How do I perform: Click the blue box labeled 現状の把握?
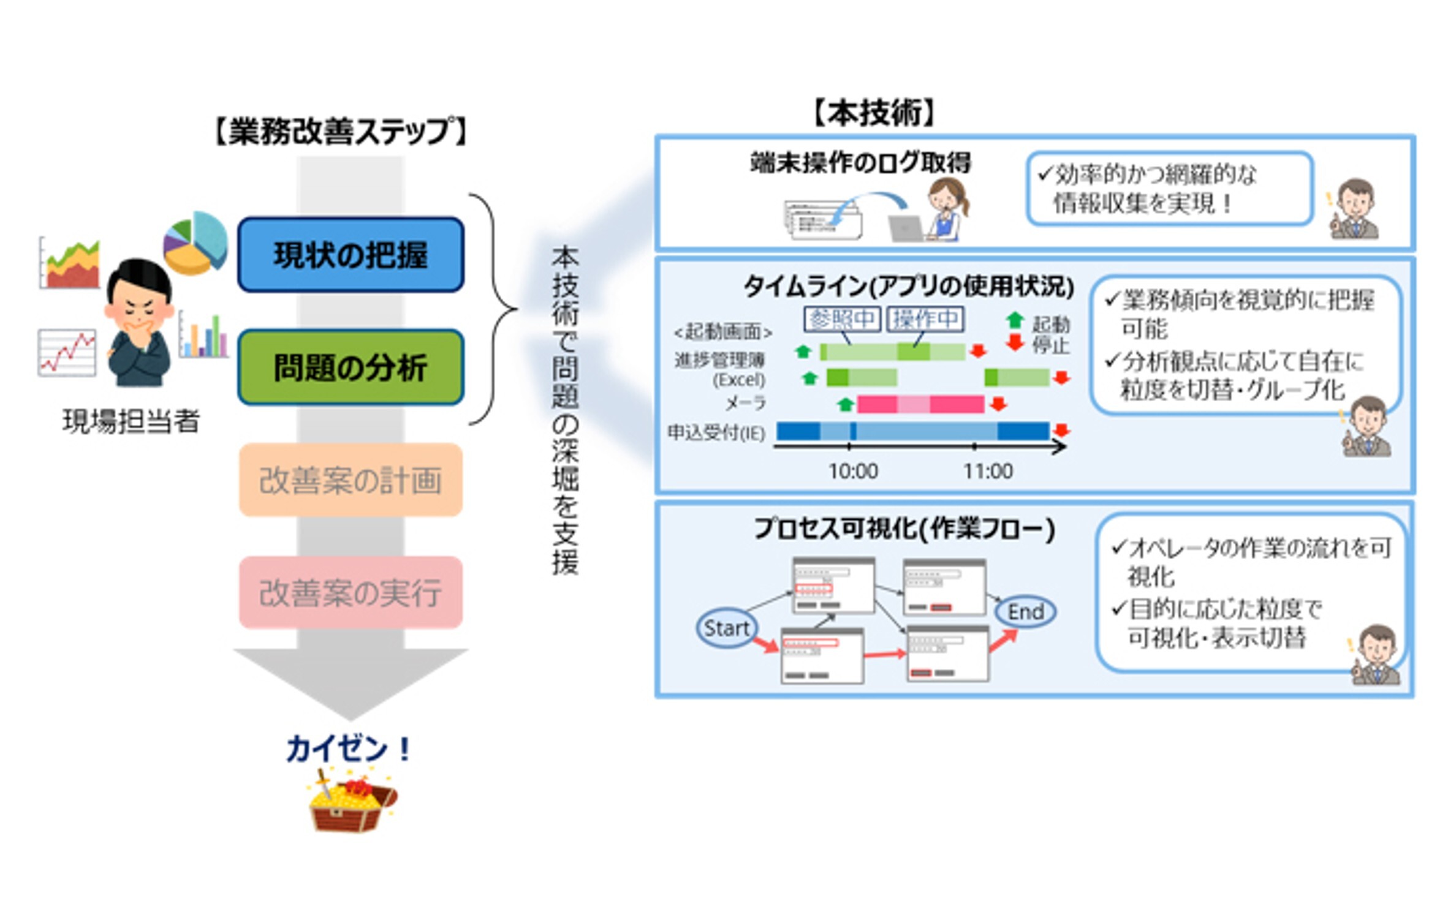(x=350, y=254)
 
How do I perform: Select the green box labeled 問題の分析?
(x=350, y=367)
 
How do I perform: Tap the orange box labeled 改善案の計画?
(x=350, y=480)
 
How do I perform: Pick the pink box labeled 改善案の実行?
(x=350, y=592)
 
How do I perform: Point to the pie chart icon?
(x=195, y=243)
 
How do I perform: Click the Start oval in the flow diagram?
(x=726, y=628)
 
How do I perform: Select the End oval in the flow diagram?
(x=1025, y=611)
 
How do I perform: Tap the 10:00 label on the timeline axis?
(x=852, y=471)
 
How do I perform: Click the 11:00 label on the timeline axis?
(x=988, y=471)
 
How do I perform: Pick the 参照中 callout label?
(x=842, y=318)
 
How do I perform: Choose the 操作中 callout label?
(x=925, y=318)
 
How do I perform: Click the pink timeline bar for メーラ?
(x=920, y=404)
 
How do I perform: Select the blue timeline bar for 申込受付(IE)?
(x=912, y=431)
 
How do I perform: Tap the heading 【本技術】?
(x=873, y=113)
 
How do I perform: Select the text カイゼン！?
(x=349, y=748)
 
